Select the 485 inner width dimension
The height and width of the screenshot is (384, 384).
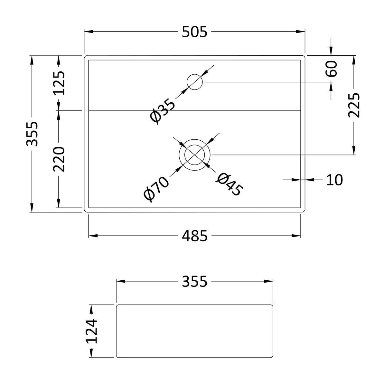click(x=194, y=236)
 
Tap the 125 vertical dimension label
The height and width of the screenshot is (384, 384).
click(x=59, y=83)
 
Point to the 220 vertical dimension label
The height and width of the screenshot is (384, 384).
click(x=59, y=159)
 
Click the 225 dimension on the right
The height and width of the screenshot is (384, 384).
click(x=354, y=105)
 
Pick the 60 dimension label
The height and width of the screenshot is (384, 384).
click(x=331, y=69)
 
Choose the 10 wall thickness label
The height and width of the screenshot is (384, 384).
click(x=334, y=180)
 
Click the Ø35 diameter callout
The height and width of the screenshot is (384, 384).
click(x=163, y=111)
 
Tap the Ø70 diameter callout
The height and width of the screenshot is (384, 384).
click(x=156, y=190)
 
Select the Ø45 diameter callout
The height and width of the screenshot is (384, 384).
click(x=229, y=185)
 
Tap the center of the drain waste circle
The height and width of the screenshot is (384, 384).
click(x=194, y=155)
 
